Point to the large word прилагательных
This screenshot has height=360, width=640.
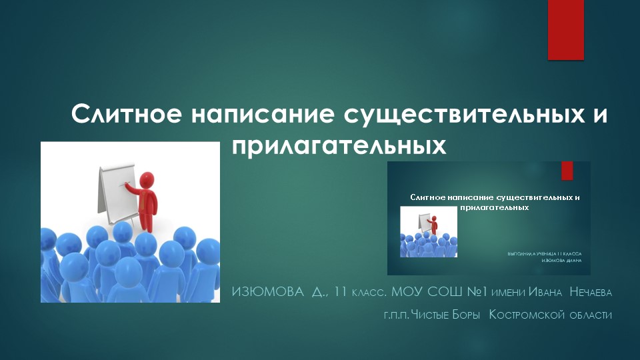(x=338, y=144)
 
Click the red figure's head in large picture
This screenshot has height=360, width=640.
(x=148, y=179)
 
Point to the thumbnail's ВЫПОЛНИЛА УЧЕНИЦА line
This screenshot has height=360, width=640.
(x=544, y=254)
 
